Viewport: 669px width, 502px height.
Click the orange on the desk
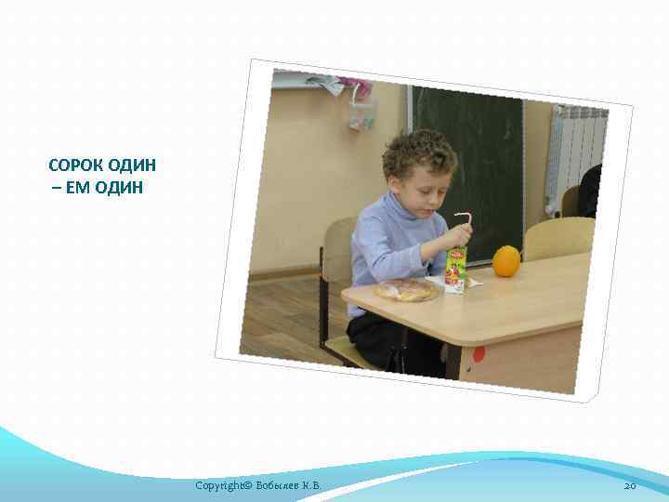click(x=506, y=261)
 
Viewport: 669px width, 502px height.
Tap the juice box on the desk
click(x=455, y=270)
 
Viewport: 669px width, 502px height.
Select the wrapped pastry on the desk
click(x=407, y=290)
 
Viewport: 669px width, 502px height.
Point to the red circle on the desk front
click(x=479, y=354)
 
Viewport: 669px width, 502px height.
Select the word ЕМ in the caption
click(x=78, y=188)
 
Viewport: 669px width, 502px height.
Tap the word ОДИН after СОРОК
click(x=132, y=165)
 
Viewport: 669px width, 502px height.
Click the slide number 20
click(x=629, y=486)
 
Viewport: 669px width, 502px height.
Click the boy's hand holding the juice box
click(x=458, y=238)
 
